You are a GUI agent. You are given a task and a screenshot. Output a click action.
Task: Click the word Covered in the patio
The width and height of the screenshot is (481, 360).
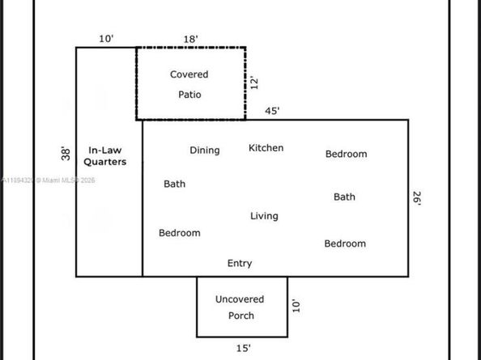point(189,74)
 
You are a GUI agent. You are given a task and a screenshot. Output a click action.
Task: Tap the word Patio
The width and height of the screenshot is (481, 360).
point(189,95)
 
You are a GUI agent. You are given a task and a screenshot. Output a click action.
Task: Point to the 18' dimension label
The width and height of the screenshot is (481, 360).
point(190,39)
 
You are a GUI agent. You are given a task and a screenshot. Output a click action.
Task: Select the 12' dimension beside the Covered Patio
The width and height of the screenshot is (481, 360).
point(254,83)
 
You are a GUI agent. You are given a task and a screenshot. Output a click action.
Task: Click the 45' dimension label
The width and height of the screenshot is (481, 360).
point(272,111)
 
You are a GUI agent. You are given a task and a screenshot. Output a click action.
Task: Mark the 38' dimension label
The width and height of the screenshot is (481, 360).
point(66,154)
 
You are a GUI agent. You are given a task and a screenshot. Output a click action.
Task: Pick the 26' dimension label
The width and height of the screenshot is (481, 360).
point(417,198)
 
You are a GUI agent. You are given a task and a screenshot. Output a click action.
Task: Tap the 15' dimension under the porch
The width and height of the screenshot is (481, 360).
point(243,349)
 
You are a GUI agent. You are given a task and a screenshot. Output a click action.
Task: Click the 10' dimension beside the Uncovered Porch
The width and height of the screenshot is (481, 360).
point(296,306)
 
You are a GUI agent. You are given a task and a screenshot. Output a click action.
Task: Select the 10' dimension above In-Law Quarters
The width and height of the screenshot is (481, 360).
point(106,39)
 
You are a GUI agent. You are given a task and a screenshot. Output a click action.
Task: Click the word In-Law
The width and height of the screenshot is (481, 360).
point(105,150)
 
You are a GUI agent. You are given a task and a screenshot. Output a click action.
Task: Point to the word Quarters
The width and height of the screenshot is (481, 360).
point(105,162)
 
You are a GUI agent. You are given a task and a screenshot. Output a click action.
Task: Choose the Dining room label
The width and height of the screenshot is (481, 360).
point(205,150)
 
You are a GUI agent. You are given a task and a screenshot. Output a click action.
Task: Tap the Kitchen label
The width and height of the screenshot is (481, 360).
point(266,148)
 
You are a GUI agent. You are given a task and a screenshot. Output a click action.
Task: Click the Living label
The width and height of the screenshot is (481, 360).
point(264,216)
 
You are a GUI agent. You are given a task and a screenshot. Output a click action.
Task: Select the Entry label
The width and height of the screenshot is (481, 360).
point(240,264)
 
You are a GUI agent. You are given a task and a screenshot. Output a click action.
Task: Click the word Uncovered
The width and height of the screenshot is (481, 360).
point(240,299)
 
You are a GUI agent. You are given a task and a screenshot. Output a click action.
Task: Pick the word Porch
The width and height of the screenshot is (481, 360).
point(241,316)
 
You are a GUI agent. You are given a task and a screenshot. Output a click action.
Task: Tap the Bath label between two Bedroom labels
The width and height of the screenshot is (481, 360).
point(344,197)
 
